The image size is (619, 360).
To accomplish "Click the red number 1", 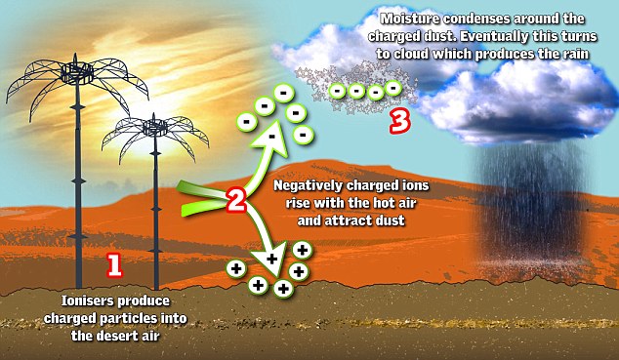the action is coord(113,263).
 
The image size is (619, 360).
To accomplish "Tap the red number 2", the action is coord(235,202).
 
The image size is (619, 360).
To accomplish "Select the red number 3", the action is coord(397,122).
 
